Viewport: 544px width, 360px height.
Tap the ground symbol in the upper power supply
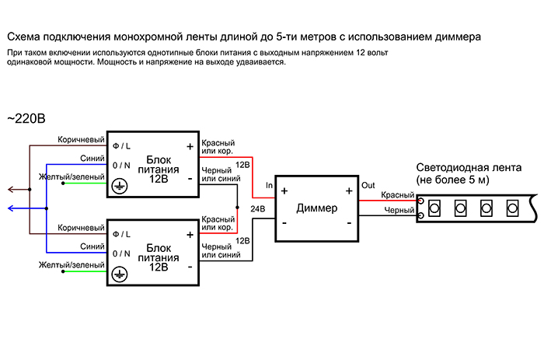[120, 186]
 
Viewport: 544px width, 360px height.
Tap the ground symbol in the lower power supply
[120, 273]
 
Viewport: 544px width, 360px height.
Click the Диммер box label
[318, 208]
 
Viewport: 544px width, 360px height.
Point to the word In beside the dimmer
[269, 185]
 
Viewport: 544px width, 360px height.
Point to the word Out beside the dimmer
[368, 184]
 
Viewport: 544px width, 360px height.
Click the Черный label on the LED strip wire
[398, 210]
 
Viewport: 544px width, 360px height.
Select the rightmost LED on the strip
[511, 208]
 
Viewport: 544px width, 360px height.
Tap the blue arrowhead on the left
[10, 208]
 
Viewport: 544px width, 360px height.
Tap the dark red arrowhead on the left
[10, 188]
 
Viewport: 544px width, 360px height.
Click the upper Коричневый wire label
[82, 139]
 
